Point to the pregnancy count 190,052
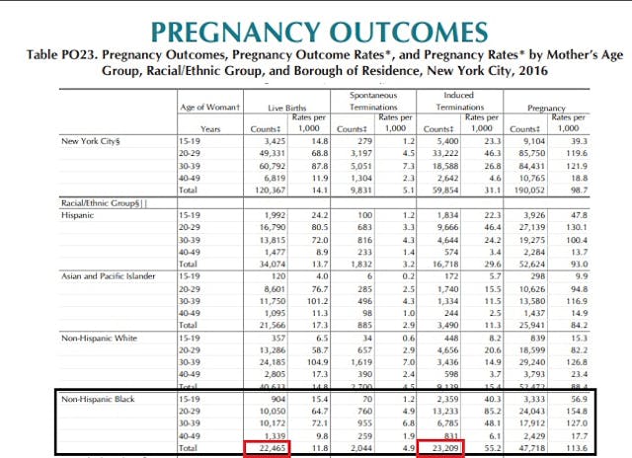[x=529, y=190]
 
